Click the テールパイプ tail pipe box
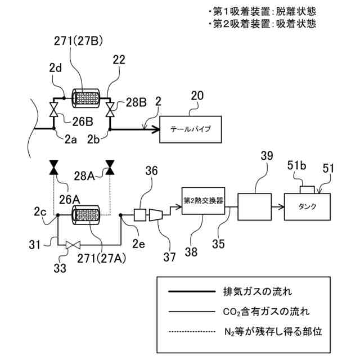191,129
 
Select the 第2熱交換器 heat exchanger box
203,201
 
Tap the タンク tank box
307,206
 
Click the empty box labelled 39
255,207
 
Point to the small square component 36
140,215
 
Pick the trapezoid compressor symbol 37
156,215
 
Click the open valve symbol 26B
54,110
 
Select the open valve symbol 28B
110,110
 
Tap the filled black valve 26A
54,168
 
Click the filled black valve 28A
110,168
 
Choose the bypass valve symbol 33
73,245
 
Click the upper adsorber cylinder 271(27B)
85,98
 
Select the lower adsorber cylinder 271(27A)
85,215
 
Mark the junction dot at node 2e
120,215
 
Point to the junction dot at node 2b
110,129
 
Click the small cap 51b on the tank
307,190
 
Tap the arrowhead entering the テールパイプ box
156,129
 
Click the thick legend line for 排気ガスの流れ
192,291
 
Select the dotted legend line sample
192,331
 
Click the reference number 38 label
191,251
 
